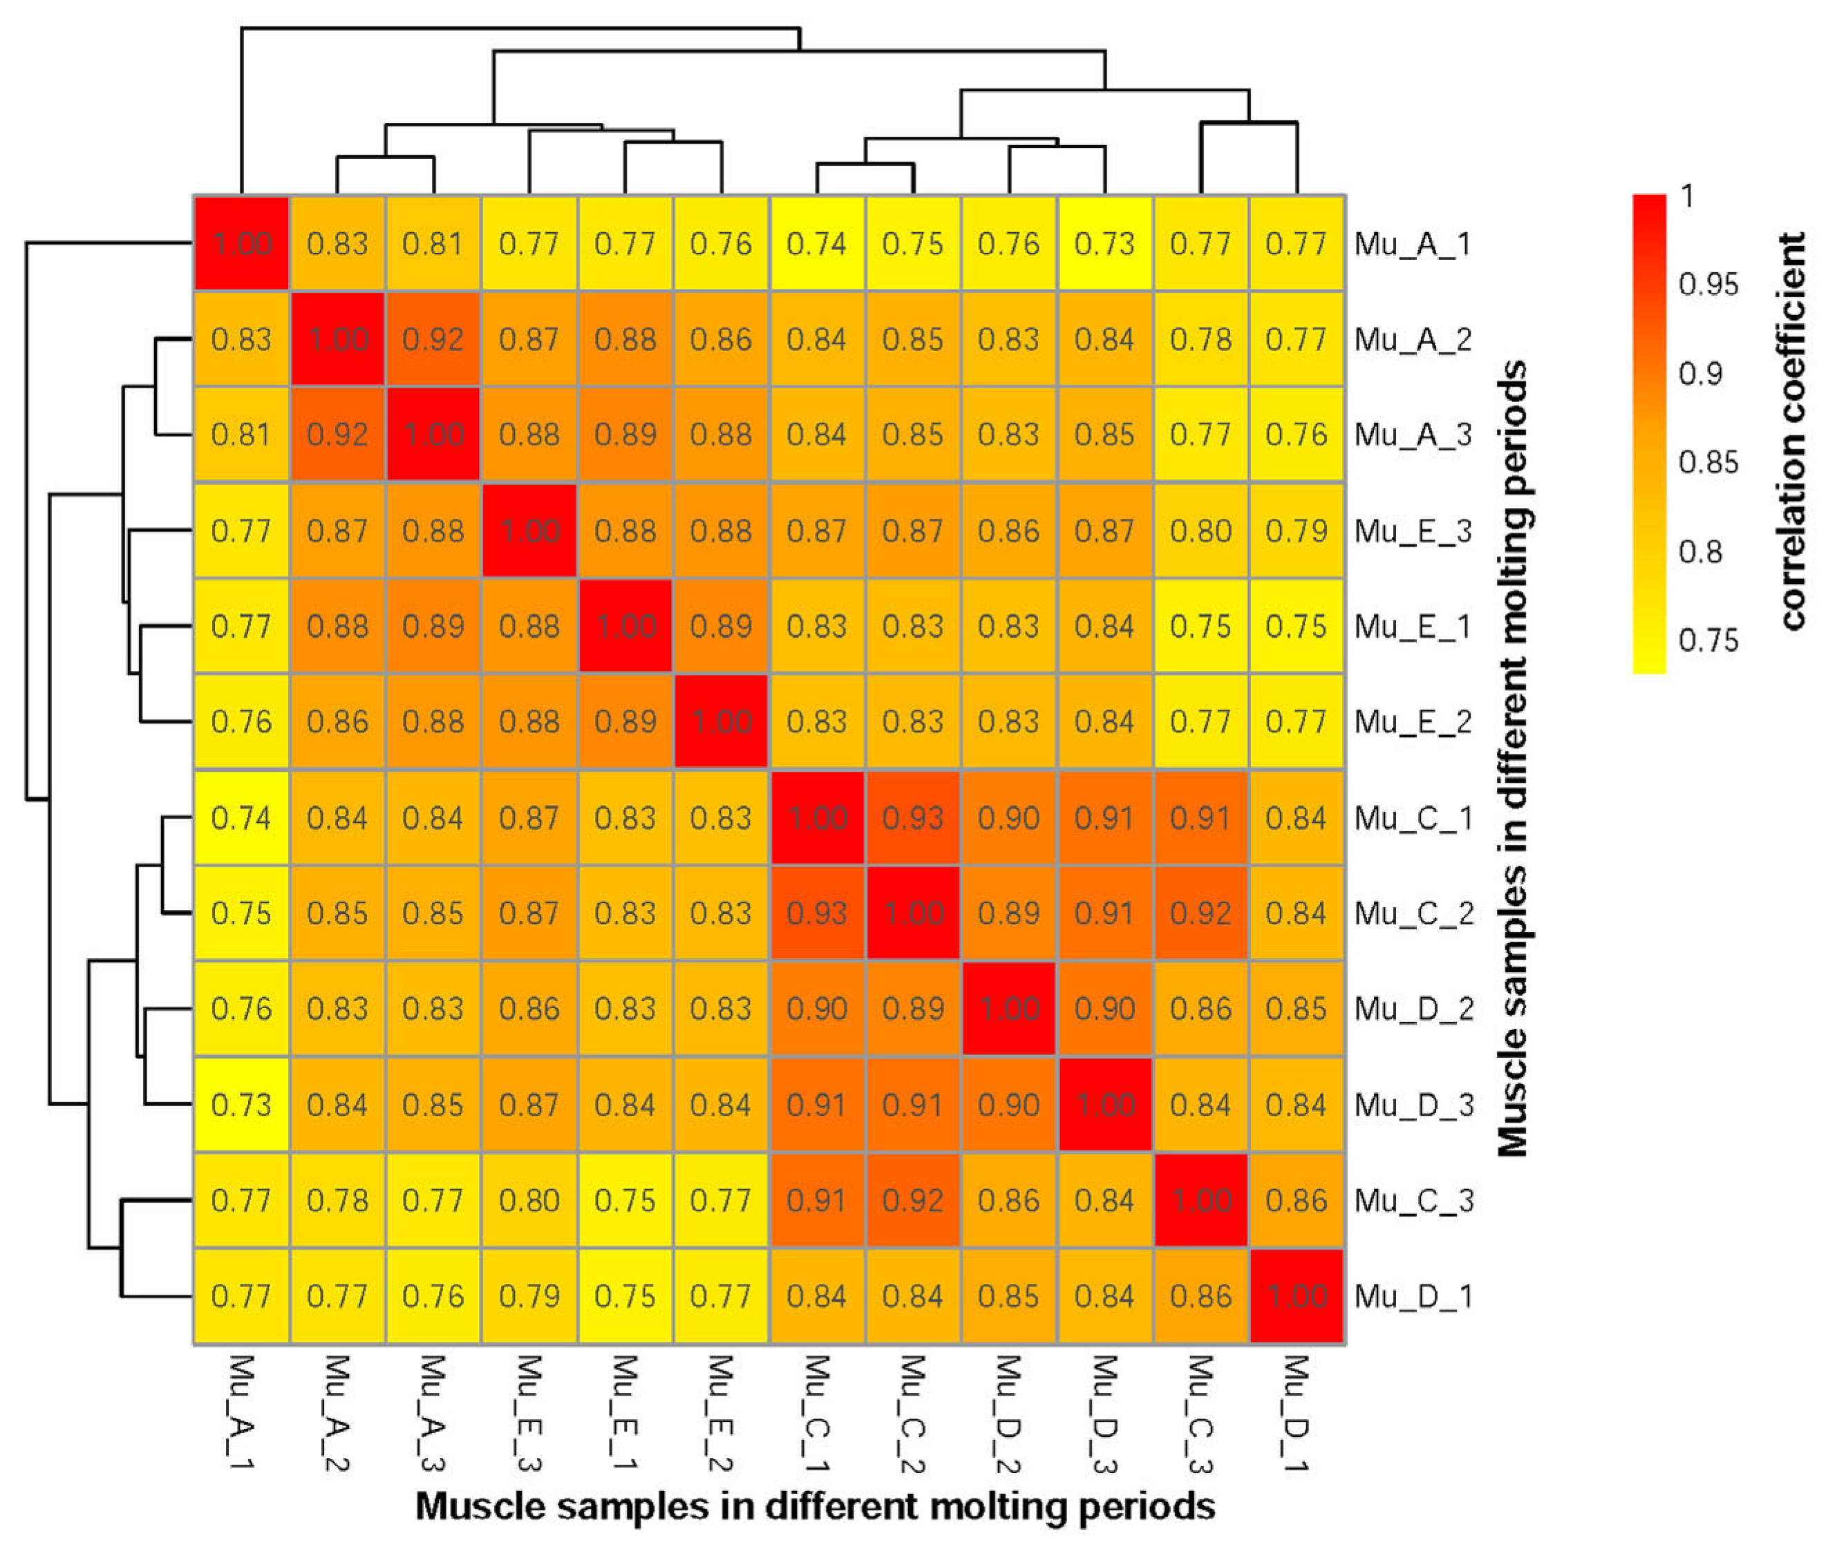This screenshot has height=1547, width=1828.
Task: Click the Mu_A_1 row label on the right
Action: tap(1411, 244)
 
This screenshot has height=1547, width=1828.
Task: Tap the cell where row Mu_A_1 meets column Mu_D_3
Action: tap(1104, 244)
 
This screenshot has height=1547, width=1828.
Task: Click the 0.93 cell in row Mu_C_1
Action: tap(912, 818)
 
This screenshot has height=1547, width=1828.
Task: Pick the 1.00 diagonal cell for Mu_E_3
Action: tap(529, 531)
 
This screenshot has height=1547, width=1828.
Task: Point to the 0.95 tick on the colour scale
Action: tap(1707, 284)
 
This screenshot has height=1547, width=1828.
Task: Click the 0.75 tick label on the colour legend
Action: tap(1707, 640)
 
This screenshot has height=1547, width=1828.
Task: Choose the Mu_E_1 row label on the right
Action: tap(1411, 626)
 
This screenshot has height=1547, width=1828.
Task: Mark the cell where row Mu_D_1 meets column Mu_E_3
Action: tap(529, 1296)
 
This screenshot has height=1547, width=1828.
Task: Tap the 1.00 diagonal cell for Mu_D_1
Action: tap(1296, 1296)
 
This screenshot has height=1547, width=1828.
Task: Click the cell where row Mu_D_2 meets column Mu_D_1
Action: tap(1296, 1009)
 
